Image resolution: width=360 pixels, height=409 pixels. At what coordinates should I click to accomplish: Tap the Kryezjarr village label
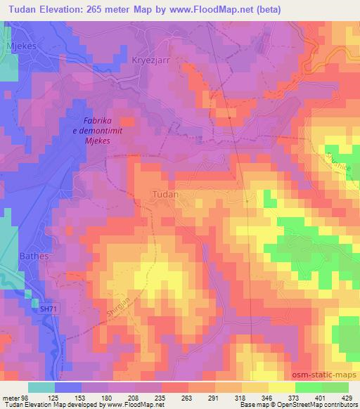point(151,60)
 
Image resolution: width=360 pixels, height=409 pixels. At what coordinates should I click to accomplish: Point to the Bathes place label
point(34,256)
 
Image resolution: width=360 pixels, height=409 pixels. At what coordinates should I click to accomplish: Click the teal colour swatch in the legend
point(41,387)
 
